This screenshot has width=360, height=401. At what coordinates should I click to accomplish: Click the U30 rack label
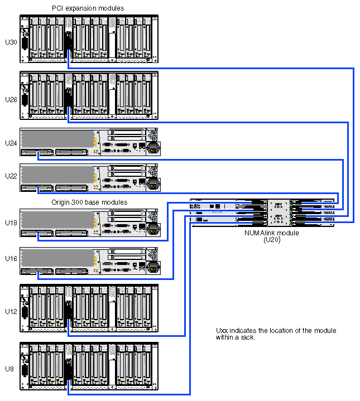[x=11, y=42]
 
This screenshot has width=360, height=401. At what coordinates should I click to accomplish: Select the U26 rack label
[x=11, y=99]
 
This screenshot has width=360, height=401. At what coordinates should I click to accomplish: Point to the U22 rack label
[x=11, y=176]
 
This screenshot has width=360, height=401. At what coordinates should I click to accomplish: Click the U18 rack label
[x=11, y=223]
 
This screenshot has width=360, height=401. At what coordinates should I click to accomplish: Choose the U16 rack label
[x=11, y=259]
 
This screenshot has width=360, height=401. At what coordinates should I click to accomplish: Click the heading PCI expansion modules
[x=88, y=8]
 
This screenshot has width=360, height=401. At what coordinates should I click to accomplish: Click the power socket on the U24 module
[x=152, y=148]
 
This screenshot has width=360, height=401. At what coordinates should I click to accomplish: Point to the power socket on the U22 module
[x=152, y=182]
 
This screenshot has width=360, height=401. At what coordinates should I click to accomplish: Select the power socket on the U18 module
[x=152, y=228]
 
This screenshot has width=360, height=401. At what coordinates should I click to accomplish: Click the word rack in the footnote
[x=243, y=338]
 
